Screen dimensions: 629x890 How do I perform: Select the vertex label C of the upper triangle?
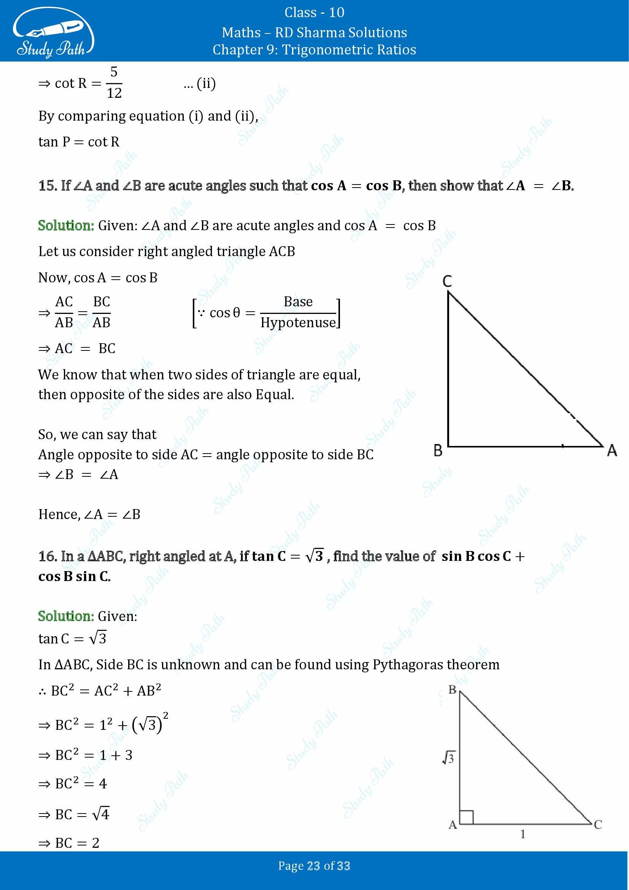coord(447,281)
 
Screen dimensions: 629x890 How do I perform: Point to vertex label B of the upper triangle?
coord(438,451)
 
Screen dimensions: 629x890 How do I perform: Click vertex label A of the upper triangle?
coord(612,451)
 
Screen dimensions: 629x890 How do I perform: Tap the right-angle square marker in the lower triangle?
coord(466,817)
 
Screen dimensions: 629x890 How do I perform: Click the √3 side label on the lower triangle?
coord(448,758)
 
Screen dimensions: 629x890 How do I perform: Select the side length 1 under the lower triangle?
coord(523,834)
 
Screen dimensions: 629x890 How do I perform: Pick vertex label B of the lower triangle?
coord(452,690)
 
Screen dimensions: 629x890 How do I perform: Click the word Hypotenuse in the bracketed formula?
coord(298,323)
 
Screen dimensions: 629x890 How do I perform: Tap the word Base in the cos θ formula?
coord(298,302)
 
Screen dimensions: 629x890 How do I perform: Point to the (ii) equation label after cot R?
coord(206,83)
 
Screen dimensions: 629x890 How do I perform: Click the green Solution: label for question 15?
coord(66,226)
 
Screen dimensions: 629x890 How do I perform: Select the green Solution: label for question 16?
coord(66,616)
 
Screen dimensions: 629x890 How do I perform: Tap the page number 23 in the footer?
coord(313,866)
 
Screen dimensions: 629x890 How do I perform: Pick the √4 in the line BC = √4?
coord(101,814)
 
